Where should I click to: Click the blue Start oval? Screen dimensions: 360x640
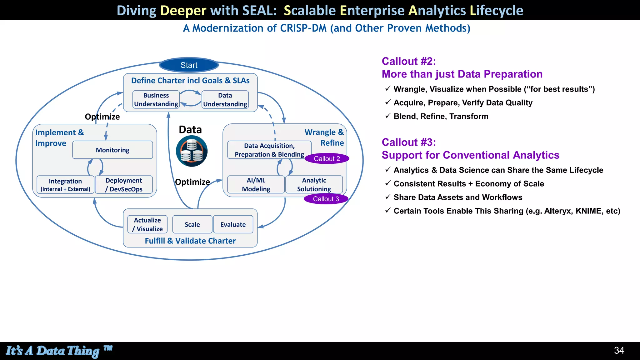[189, 65]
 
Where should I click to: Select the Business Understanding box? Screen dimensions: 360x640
[156, 100]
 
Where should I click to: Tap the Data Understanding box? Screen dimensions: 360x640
[225, 100]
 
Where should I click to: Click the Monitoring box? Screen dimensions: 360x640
[112, 150]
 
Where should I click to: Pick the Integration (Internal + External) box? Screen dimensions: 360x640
[65, 185]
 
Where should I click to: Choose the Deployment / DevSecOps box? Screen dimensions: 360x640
[124, 185]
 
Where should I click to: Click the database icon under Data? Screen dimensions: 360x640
[192, 151]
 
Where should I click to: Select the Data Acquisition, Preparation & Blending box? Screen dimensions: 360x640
[269, 150]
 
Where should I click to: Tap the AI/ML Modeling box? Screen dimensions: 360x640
[256, 185]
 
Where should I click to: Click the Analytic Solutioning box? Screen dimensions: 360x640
[314, 185]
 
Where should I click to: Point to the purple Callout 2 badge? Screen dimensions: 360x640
[327, 159]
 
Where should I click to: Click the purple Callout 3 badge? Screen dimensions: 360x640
[326, 199]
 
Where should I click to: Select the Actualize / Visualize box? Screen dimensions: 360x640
[147, 224]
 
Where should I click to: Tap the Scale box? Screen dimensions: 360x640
[192, 224]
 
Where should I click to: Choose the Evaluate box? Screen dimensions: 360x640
[233, 224]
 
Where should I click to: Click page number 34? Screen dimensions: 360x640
[619, 350]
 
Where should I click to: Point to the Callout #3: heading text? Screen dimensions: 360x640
[408, 142]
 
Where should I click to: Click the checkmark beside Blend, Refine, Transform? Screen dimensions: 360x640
[387, 116]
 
